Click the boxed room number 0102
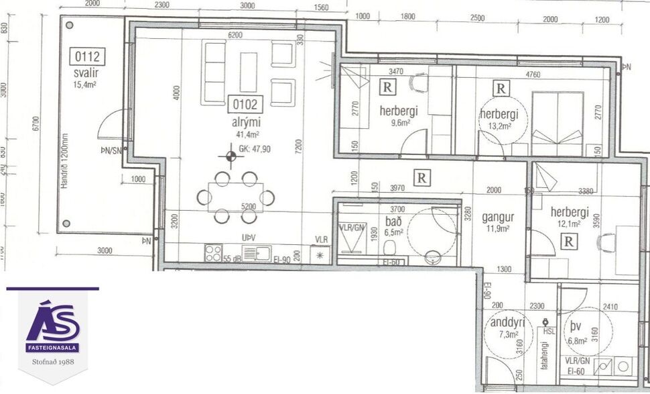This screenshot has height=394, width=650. (246, 105)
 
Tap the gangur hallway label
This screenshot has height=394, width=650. (498, 217)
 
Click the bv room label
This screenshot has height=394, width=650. (576, 327)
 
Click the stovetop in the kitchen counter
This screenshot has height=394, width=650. (213, 253)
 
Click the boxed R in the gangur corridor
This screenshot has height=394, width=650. (422, 178)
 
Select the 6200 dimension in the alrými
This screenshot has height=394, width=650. (235, 34)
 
